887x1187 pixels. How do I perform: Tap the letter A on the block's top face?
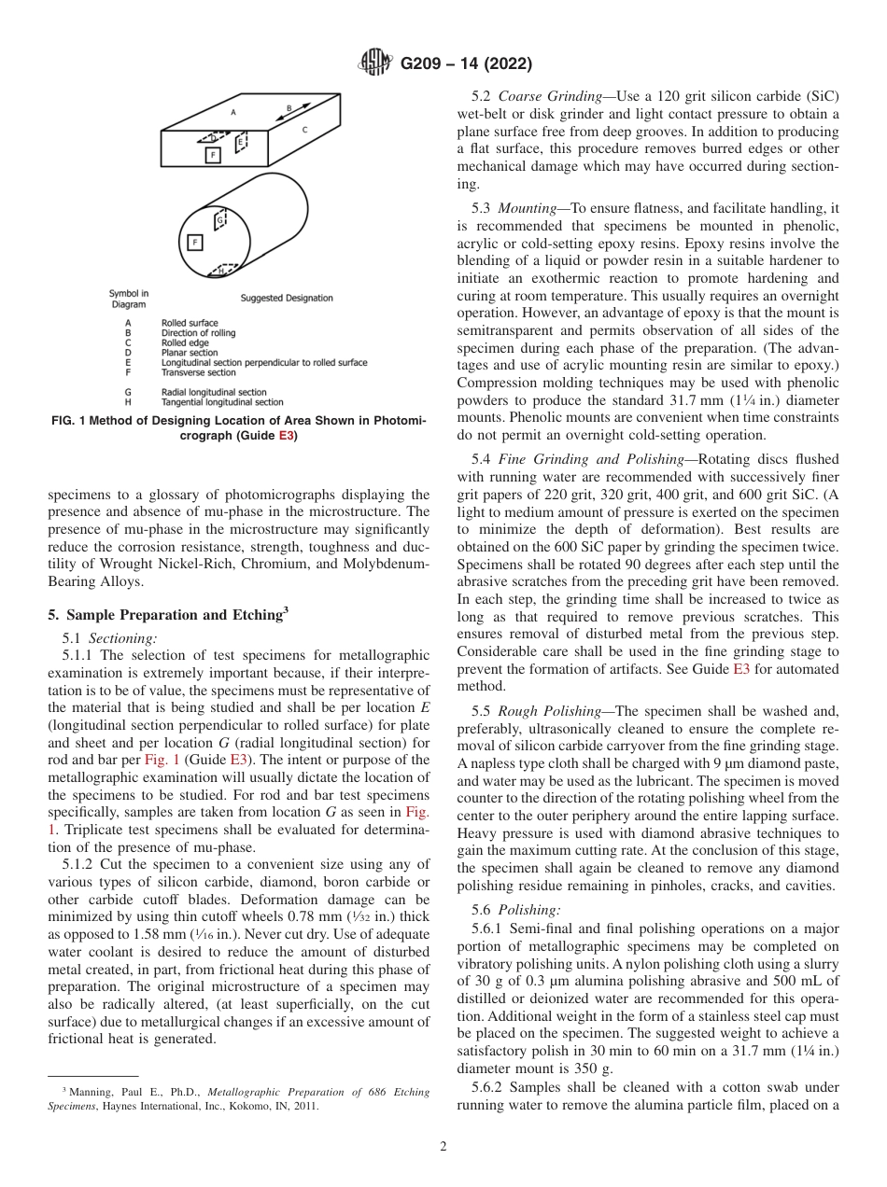233,111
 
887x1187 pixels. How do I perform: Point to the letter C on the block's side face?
303,132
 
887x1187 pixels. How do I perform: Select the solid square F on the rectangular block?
213,155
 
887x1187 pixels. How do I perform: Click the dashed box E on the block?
241,142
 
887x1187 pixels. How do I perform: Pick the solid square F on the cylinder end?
195,243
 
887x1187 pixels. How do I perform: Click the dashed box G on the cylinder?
220,220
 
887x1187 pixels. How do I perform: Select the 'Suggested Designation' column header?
287,299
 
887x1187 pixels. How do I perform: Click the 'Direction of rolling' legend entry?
198,332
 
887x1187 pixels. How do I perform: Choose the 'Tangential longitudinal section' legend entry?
222,402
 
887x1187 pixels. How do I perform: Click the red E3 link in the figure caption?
286,437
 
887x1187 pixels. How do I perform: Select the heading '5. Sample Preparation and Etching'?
163,615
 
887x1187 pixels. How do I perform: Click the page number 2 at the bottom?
443,1148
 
